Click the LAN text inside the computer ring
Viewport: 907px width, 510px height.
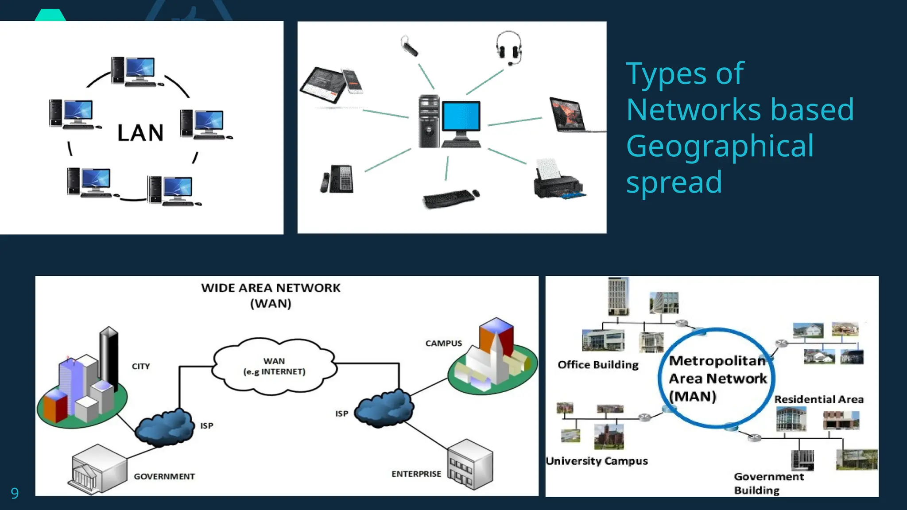[140, 133]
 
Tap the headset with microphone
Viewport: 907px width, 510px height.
[508, 47]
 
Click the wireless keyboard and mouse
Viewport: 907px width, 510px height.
[450, 198]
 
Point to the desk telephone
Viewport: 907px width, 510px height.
[338, 179]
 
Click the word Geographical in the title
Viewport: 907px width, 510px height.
[720, 146]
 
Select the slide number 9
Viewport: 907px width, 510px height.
[15, 493]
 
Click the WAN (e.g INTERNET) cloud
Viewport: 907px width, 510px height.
[274, 367]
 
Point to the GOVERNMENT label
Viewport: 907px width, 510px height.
[164, 476]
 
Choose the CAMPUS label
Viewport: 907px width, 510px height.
[443, 343]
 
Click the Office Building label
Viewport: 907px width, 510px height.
[598, 365]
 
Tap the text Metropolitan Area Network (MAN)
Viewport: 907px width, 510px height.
[717, 379]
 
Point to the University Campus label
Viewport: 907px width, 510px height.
[597, 461]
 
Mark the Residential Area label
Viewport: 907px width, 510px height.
[818, 399]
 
